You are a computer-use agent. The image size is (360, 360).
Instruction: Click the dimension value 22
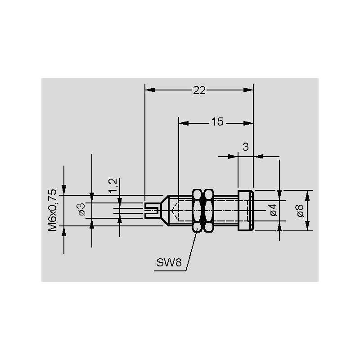(x=199, y=90)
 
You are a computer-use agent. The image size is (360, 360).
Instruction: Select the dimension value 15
(x=217, y=122)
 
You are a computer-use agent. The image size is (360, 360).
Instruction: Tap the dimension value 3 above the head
(x=245, y=147)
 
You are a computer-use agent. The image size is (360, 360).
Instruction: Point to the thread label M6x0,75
(x=52, y=210)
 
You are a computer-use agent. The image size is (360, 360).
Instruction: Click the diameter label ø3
(x=81, y=209)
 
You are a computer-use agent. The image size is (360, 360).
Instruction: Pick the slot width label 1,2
(x=113, y=185)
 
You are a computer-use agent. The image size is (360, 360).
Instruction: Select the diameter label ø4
(x=274, y=210)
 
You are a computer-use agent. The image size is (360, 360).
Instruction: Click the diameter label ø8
(x=300, y=211)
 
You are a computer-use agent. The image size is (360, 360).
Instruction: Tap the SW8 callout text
(x=169, y=262)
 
